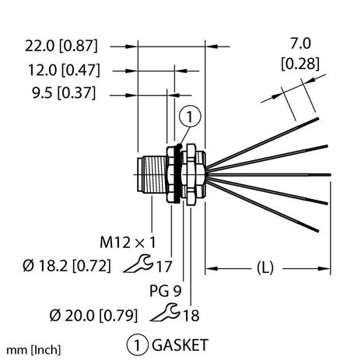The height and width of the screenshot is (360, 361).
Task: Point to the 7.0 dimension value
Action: (x=301, y=47)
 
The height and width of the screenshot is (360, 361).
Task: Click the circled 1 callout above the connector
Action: (x=190, y=118)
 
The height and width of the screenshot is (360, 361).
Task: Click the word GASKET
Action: (x=177, y=343)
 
